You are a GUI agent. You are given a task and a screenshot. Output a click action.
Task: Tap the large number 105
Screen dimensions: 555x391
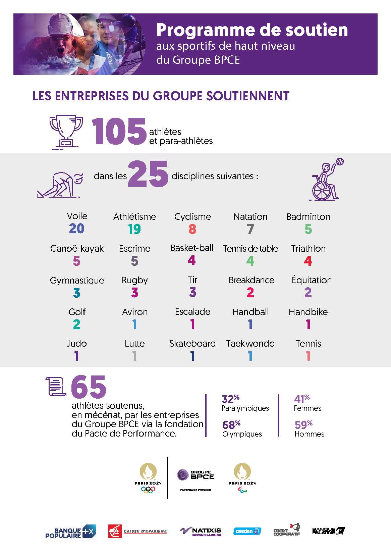click(x=119, y=132)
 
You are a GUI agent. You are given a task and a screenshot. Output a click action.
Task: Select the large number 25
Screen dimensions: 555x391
click(x=148, y=174)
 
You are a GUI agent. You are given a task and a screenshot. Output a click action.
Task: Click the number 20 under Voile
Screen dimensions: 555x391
click(x=77, y=229)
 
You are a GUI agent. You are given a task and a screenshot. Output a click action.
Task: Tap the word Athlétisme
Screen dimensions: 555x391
click(x=134, y=217)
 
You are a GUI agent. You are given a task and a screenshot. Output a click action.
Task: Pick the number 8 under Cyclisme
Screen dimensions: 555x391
click(x=192, y=229)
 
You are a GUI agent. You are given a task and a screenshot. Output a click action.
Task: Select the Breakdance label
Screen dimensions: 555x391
click(x=251, y=280)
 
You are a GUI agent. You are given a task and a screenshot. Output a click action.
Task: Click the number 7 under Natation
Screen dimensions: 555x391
click(x=250, y=229)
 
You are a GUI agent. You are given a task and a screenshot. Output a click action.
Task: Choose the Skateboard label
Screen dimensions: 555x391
click(x=192, y=344)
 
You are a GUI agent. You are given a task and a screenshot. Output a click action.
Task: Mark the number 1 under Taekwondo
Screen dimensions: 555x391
click(x=250, y=356)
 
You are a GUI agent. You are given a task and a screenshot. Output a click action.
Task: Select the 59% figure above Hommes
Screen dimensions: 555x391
click(x=303, y=425)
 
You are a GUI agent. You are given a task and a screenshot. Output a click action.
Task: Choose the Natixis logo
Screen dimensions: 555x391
click(x=201, y=532)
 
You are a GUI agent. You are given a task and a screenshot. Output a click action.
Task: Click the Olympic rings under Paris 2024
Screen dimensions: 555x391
click(x=148, y=490)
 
